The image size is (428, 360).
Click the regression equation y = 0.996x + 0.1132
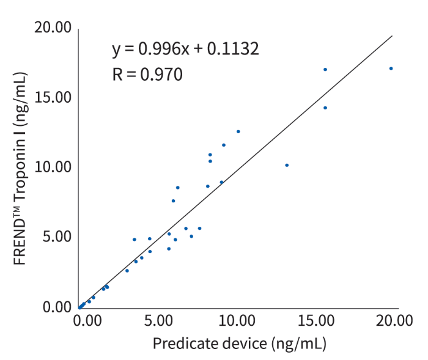[186, 49]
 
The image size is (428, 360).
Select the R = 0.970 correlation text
[147, 75]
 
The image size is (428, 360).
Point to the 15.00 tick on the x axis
[315, 320]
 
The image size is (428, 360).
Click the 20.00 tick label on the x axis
[392, 320]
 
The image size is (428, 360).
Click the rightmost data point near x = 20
[391, 68]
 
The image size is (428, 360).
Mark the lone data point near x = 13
[287, 165]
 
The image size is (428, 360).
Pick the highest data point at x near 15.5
[325, 70]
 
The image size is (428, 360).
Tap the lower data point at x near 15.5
[325, 108]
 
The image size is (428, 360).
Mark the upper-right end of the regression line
[391, 36]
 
